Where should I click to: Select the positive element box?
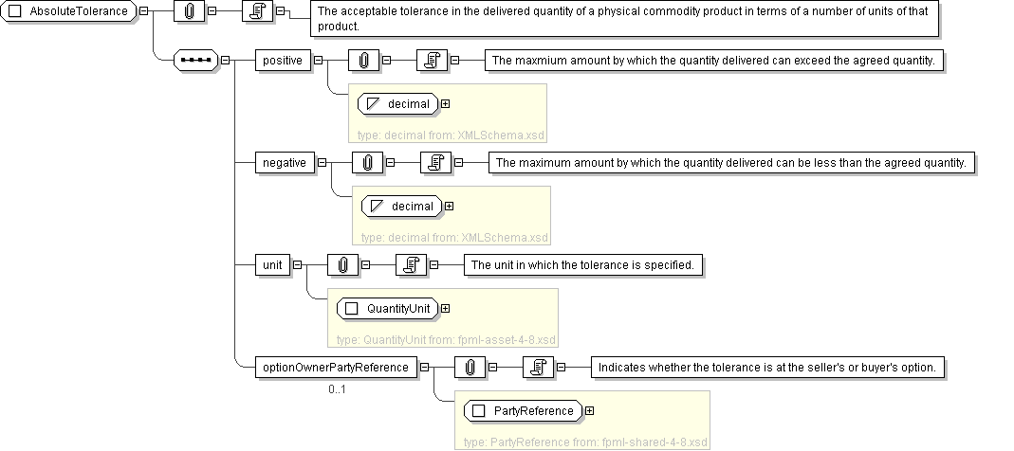pos(283,61)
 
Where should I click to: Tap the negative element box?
pos(285,163)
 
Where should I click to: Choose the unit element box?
pos(272,265)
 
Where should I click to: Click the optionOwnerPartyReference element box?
pos(335,368)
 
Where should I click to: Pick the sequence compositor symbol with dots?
pos(196,61)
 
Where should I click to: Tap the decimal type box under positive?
pos(399,103)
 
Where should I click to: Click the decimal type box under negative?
pos(403,206)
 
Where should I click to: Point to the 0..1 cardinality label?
pos(339,388)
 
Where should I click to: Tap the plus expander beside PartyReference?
pos(590,410)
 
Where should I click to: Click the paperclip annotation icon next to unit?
pos(343,265)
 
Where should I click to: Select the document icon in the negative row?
pos(434,163)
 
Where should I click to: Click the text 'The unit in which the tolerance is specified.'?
pos(583,265)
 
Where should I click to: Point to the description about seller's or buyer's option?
pos(766,368)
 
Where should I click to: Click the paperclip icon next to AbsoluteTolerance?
pos(189,11)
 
